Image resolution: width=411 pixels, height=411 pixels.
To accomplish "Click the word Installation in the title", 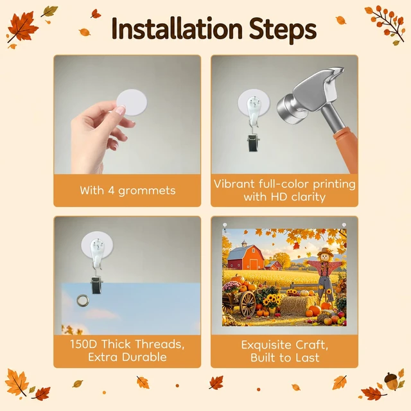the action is tap(177, 28).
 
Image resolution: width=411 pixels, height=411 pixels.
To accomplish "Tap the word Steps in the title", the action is tap(283, 30).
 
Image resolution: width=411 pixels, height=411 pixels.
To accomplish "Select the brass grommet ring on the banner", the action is tap(83, 300).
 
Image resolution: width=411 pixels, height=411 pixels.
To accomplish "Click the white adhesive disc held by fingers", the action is tap(132, 103).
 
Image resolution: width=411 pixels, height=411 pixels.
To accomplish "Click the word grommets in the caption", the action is tap(147, 191).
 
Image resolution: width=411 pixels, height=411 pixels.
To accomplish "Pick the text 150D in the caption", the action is tap(83, 344).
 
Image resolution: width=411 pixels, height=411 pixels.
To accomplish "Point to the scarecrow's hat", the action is tap(326, 252).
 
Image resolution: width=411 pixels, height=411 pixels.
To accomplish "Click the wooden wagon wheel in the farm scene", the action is tap(247, 304).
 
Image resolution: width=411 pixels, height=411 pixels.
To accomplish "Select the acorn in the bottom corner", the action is tap(391, 381).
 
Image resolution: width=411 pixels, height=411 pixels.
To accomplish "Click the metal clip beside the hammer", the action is tap(254, 143).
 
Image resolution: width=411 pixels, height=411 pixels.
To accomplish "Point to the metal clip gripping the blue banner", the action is tap(97, 285).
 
